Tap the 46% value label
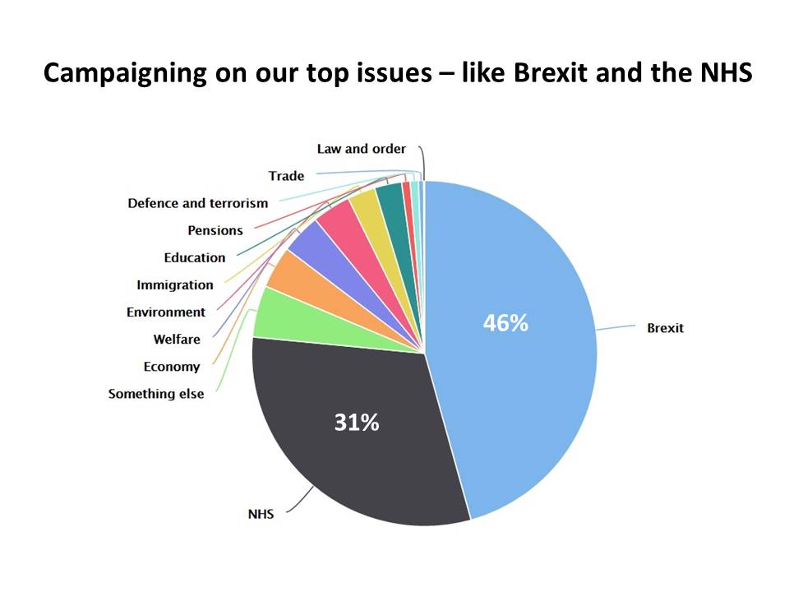[x=505, y=323]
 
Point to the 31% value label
[x=356, y=423]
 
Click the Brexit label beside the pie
[x=665, y=328]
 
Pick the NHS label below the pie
[x=261, y=515]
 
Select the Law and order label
[x=361, y=149]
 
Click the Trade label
[x=286, y=176]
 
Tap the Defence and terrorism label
[x=197, y=203]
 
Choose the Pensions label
[x=215, y=230]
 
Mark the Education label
[x=194, y=257]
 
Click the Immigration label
[x=174, y=284]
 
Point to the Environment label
[x=165, y=312]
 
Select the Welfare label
[x=176, y=339]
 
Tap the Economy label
[x=171, y=367]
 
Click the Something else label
[x=155, y=394]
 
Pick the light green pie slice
[x=284, y=317]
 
